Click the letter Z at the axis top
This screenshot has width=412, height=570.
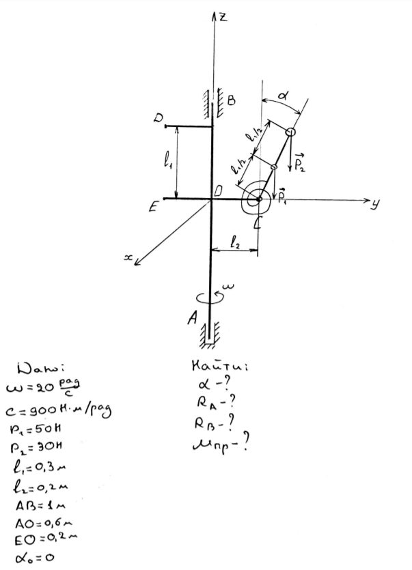(223, 17)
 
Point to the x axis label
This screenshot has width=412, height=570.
(127, 257)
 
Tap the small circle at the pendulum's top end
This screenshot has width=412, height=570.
(290, 132)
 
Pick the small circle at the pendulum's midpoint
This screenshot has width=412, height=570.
(274, 166)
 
